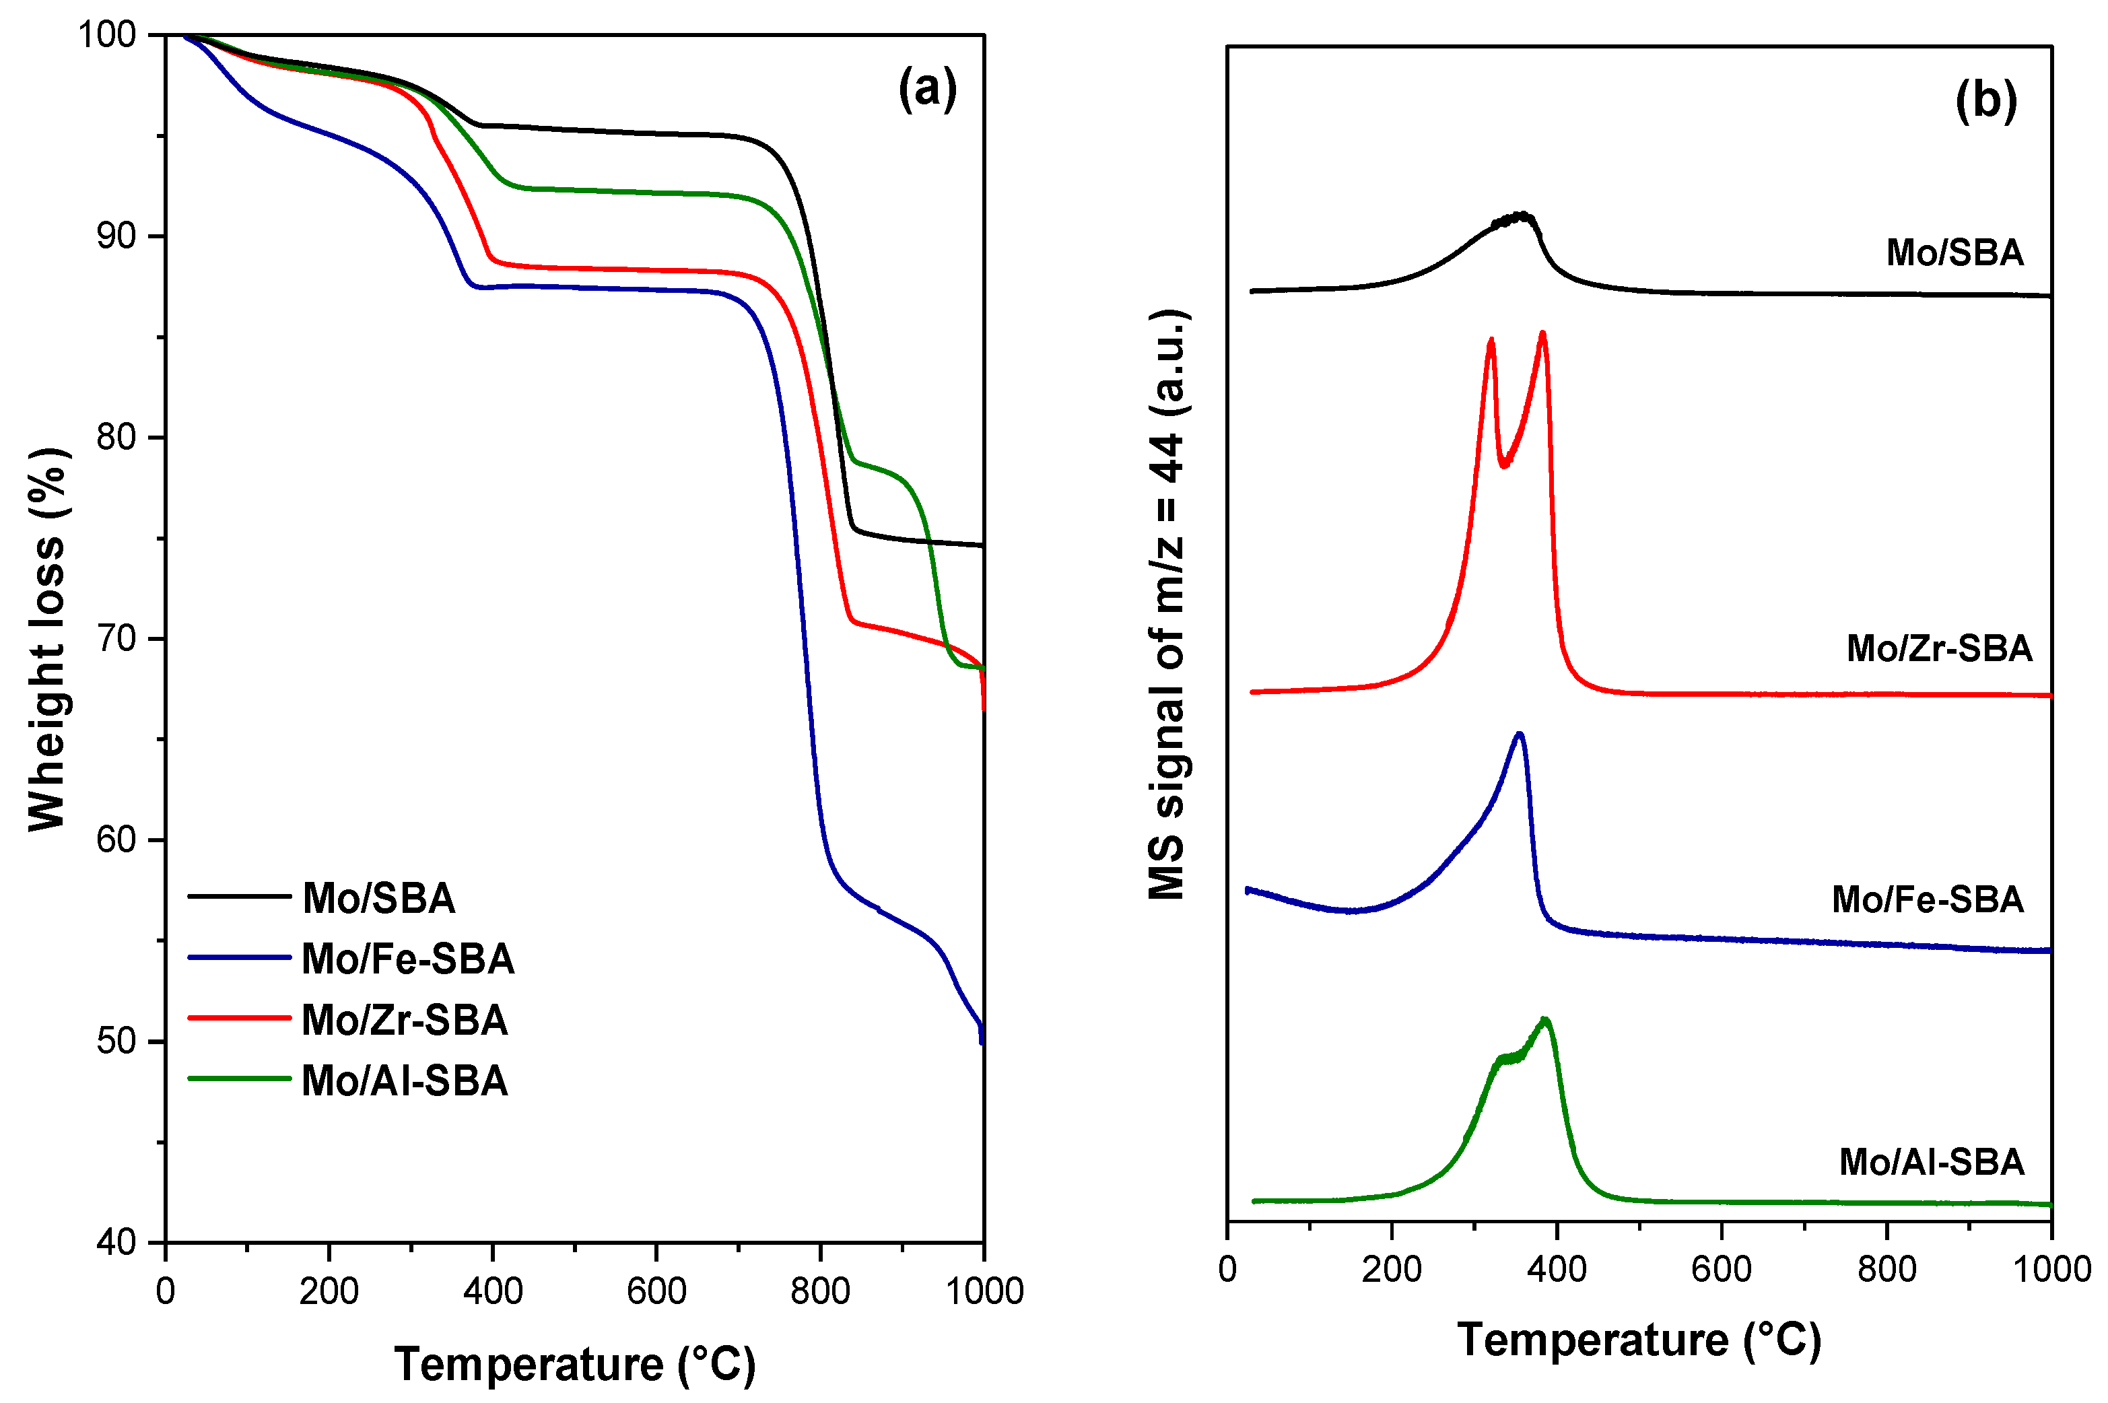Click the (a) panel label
coord(927,90)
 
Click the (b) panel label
coord(1985,101)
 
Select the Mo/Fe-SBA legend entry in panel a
coord(407,959)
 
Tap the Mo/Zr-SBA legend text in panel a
coord(405,1020)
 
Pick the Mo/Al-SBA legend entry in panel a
coord(405,1081)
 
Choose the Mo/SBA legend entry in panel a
coord(378,898)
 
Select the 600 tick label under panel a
coord(656,1291)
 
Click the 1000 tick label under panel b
coord(2050,1269)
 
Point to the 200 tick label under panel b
coord(1392,1269)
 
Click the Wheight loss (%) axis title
coord(46,639)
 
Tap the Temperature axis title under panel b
coord(1638,1340)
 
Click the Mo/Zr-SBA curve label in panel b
coord(1939,648)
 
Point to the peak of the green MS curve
coord(1544,1020)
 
